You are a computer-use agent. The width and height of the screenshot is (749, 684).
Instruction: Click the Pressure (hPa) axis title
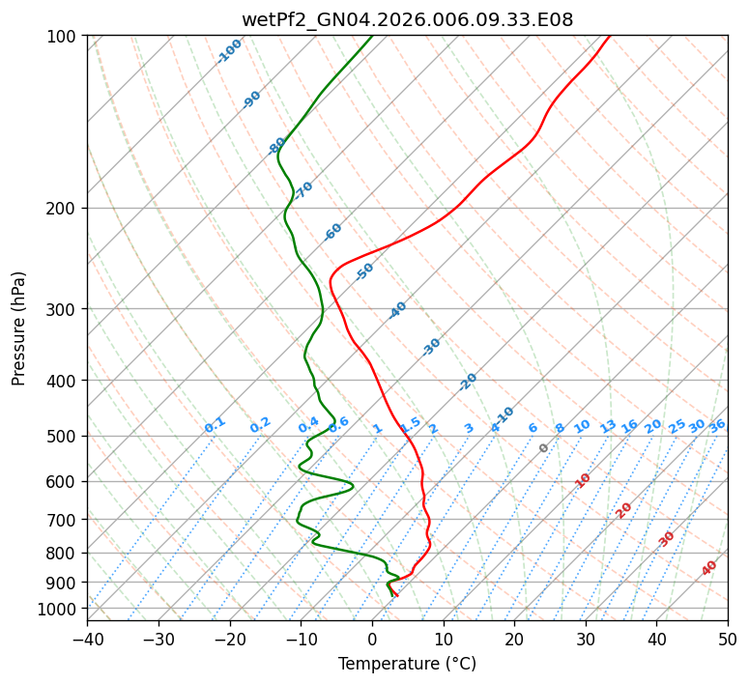coord(19,328)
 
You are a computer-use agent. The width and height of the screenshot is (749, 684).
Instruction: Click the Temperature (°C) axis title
coord(407,664)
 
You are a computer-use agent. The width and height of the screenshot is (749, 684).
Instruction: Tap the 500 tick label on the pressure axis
coord(64,437)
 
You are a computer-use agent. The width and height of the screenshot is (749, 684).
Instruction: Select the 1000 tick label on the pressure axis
coord(60,609)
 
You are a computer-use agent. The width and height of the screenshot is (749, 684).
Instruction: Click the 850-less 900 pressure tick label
coord(64,583)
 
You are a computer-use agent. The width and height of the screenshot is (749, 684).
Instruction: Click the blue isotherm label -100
coord(229,51)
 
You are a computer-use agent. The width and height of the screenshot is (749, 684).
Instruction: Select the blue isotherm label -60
coord(333,232)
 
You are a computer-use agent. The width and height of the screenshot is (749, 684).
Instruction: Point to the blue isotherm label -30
coord(432,346)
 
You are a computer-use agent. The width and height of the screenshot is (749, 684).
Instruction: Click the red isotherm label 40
coord(709,568)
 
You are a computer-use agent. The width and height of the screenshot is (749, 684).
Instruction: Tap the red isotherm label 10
coord(583,480)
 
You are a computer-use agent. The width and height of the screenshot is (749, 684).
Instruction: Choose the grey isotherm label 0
coord(543,448)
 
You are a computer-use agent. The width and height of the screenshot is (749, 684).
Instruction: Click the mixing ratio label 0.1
coord(215,424)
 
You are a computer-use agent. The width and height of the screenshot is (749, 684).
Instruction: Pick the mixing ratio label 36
coord(717,425)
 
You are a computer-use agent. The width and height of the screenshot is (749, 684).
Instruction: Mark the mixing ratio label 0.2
coord(260,425)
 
